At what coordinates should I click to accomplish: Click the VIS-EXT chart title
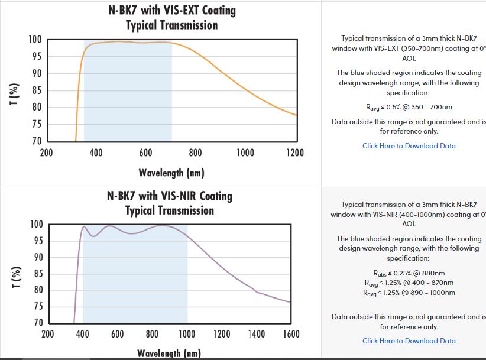(x=171, y=18)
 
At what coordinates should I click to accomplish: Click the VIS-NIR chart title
(x=170, y=203)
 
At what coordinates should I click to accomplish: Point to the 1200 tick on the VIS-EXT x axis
(x=295, y=153)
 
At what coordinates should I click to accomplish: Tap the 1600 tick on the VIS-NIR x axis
(x=291, y=334)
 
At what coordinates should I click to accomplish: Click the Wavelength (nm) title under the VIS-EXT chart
(x=171, y=173)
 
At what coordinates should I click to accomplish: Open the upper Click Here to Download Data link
(x=409, y=146)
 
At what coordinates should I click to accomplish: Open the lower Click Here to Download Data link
(x=409, y=341)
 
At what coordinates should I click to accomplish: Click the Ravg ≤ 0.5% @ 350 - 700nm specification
(x=409, y=108)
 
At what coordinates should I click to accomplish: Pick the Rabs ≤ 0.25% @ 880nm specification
(x=409, y=273)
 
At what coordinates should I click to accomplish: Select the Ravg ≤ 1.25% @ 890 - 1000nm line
(x=409, y=293)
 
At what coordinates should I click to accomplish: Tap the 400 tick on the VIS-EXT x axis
(x=96, y=153)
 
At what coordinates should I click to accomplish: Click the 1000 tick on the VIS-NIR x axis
(x=187, y=334)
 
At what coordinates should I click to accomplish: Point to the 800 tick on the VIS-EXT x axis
(x=196, y=153)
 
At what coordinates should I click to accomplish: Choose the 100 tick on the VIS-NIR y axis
(x=36, y=225)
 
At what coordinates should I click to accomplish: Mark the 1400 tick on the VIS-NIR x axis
(x=257, y=334)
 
